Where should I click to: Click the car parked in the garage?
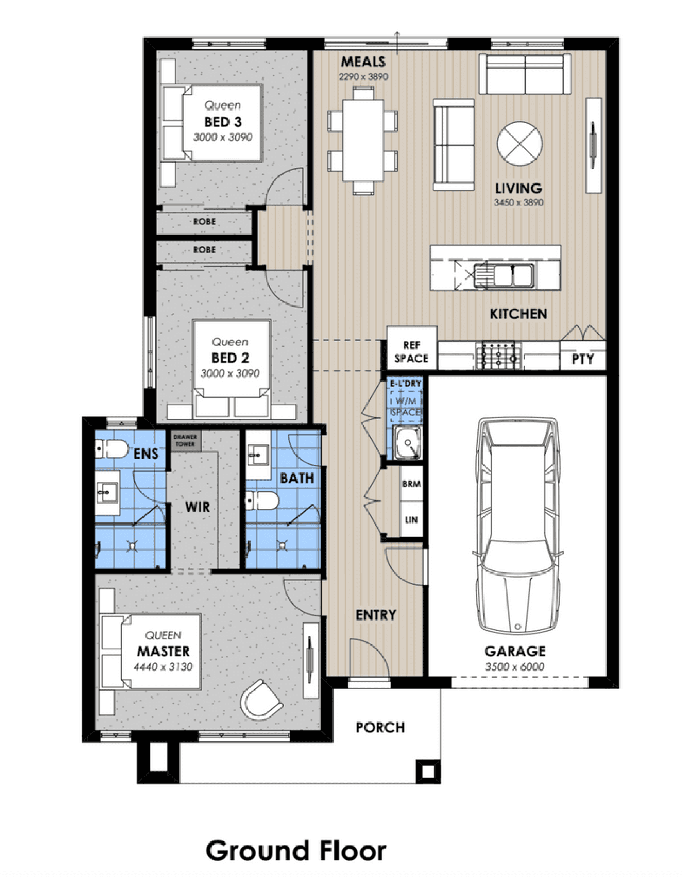point(518,525)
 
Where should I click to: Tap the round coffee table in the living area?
point(519,144)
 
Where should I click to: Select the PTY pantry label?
point(583,359)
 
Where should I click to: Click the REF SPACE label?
point(411,352)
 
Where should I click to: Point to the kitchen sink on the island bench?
point(504,275)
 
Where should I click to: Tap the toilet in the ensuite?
point(111,448)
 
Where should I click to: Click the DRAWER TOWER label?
point(186,440)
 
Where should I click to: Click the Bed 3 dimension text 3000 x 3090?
point(223,137)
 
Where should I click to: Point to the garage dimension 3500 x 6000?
point(515,667)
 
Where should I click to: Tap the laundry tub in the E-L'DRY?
point(408,442)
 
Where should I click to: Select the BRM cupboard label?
point(411,484)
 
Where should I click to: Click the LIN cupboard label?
point(411,520)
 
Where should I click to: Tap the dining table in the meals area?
point(363,140)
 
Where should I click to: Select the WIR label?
point(197,507)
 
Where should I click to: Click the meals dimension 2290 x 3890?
point(364,77)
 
